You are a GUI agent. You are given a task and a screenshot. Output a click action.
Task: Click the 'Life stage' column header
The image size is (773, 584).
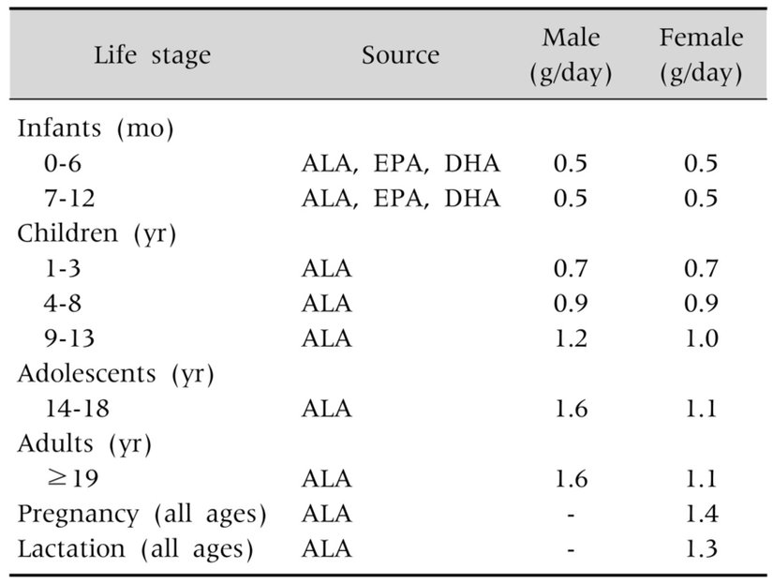[152, 55]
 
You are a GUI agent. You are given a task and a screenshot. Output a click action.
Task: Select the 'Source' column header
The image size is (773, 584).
[400, 55]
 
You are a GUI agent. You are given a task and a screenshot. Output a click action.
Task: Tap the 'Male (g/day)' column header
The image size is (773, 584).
[571, 55]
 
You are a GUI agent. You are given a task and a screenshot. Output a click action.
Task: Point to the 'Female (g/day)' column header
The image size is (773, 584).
[701, 55]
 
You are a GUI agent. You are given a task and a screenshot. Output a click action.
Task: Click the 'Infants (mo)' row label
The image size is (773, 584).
[97, 129]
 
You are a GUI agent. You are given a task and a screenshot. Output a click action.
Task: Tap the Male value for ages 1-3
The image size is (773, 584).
[570, 269]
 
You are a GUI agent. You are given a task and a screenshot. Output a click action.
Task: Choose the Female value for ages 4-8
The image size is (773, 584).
[701, 304]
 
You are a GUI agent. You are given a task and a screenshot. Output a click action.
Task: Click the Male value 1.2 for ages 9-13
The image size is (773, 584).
[570, 338]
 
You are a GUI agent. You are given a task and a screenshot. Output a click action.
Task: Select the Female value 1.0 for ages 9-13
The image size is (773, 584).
[701, 338]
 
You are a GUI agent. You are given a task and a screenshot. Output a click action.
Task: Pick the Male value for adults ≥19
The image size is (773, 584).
[570, 479]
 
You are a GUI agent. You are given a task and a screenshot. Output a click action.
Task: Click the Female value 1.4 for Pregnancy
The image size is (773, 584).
[701, 515]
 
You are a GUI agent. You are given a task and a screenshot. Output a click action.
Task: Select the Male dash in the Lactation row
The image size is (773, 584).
[570, 549]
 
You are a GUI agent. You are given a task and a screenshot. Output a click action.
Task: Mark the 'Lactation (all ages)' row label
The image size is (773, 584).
[136, 549]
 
